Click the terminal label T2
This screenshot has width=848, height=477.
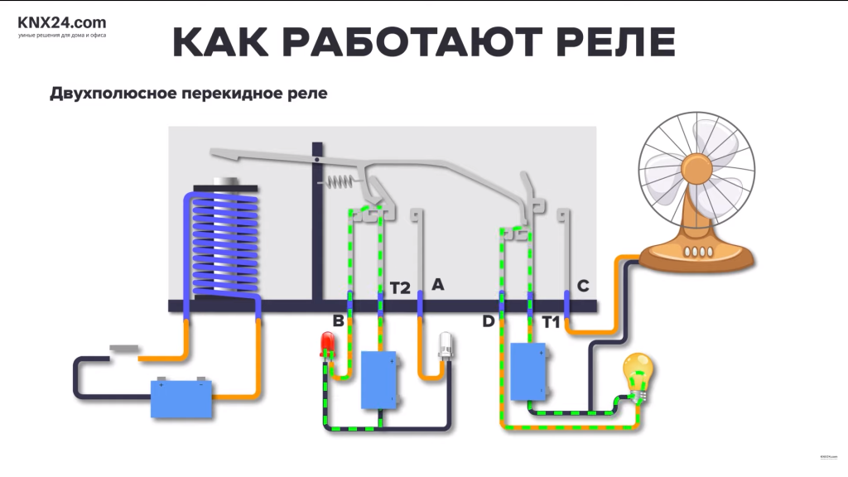[400, 288]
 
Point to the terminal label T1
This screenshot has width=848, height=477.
[552, 320]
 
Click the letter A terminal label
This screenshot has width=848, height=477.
[438, 285]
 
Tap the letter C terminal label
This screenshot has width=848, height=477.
[583, 287]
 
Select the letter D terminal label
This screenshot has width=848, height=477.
[489, 320]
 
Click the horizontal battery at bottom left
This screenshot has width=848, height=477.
[181, 397]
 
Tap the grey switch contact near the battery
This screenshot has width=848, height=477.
[124, 349]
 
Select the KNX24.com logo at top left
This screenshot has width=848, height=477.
[61, 23]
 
